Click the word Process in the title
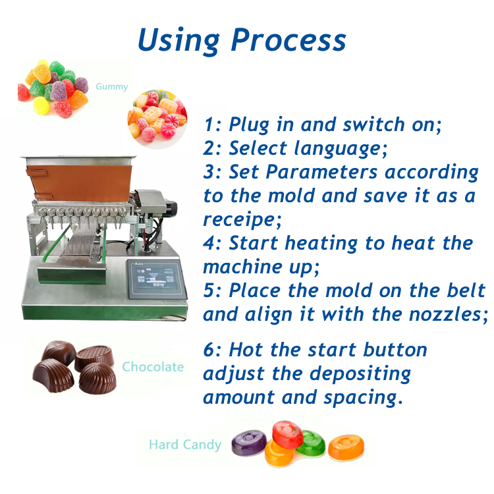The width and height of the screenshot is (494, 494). pos(288,40)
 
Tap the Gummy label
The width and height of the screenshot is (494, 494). pos(112,87)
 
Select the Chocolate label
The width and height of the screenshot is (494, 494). pos(153,367)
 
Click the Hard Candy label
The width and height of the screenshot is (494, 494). pos(185,445)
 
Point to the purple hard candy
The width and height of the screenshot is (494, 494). pos(249,443)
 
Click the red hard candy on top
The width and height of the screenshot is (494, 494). pos(287,434)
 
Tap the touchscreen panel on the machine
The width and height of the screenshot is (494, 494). pos(157,279)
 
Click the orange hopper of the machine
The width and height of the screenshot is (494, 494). pos(80,182)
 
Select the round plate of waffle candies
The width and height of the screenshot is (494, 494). pos(157,119)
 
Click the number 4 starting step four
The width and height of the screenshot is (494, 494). pos(209,243)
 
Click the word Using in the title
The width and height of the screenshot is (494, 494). pos(178,41)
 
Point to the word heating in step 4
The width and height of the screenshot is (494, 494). pos(321,244)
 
